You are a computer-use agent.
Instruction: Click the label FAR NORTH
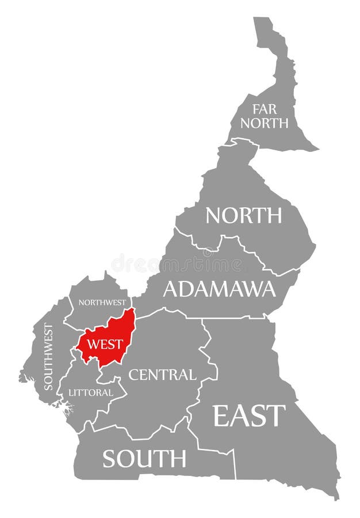pyautogui.click(x=265, y=116)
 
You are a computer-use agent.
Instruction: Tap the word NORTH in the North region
pyautogui.click(x=244, y=215)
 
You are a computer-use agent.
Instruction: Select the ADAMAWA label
pyautogui.click(x=219, y=288)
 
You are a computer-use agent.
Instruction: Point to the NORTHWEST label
pyautogui.click(x=102, y=302)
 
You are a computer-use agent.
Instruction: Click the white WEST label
pyautogui.click(x=105, y=344)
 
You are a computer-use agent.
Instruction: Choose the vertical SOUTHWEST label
pyautogui.click(x=48, y=357)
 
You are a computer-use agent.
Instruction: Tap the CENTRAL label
pyautogui.click(x=162, y=375)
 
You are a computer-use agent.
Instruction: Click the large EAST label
pyautogui.click(x=249, y=415)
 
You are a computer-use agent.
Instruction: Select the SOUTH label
pyautogui.click(x=144, y=458)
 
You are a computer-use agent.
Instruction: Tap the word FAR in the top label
pyautogui.click(x=264, y=108)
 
